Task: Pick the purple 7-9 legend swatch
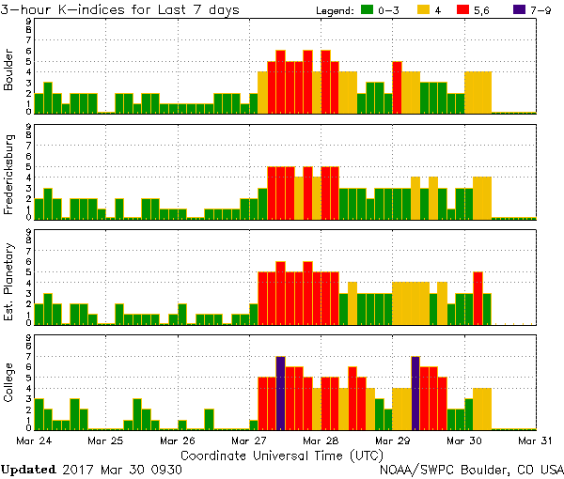(x=530, y=10)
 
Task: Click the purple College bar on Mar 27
(x=280, y=393)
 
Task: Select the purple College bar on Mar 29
(x=415, y=393)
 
